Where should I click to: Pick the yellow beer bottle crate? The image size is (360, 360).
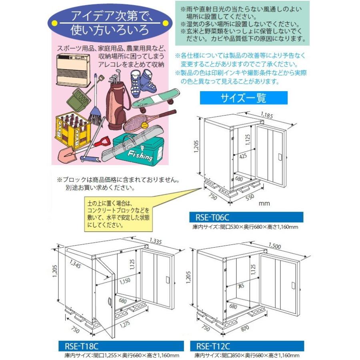coord(72,130)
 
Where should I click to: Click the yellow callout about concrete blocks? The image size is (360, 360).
coord(118,214)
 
